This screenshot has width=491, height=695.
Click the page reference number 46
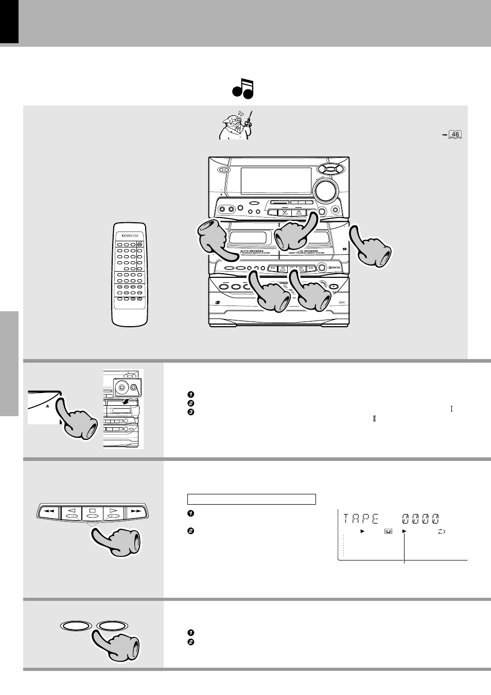pyautogui.click(x=455, y=135)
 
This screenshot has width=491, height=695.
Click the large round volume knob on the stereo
pyautogui.click(x=325, y=190)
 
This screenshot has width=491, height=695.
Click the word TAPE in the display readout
pyautogui.click(x=361, y=519)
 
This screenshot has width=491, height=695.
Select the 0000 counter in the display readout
pyautogui.click(x=420, y=519)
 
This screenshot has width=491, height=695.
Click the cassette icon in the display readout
pyautogui.click(x=388, y=531)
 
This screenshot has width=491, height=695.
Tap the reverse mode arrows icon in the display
pyautogui.click(x=441, y=531)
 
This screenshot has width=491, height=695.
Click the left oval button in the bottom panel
pyautogui.click(x=77, y=626)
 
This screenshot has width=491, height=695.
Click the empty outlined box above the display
pyautogui.click(x=251, y=499)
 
